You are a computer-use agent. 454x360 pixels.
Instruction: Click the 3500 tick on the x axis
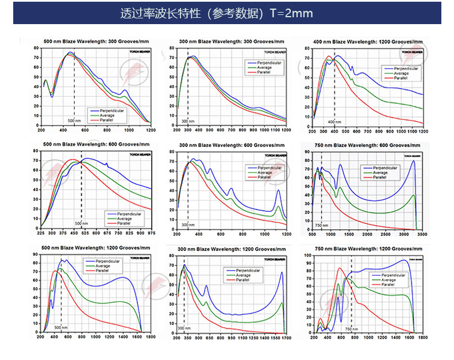(422, 234)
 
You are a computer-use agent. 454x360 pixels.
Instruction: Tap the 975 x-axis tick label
(152, 234)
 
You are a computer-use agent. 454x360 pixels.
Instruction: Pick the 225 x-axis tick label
(40, 234)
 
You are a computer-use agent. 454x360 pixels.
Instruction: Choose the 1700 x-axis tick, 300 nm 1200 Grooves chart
(286, 338)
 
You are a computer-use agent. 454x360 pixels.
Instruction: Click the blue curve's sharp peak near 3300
(413, 161)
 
